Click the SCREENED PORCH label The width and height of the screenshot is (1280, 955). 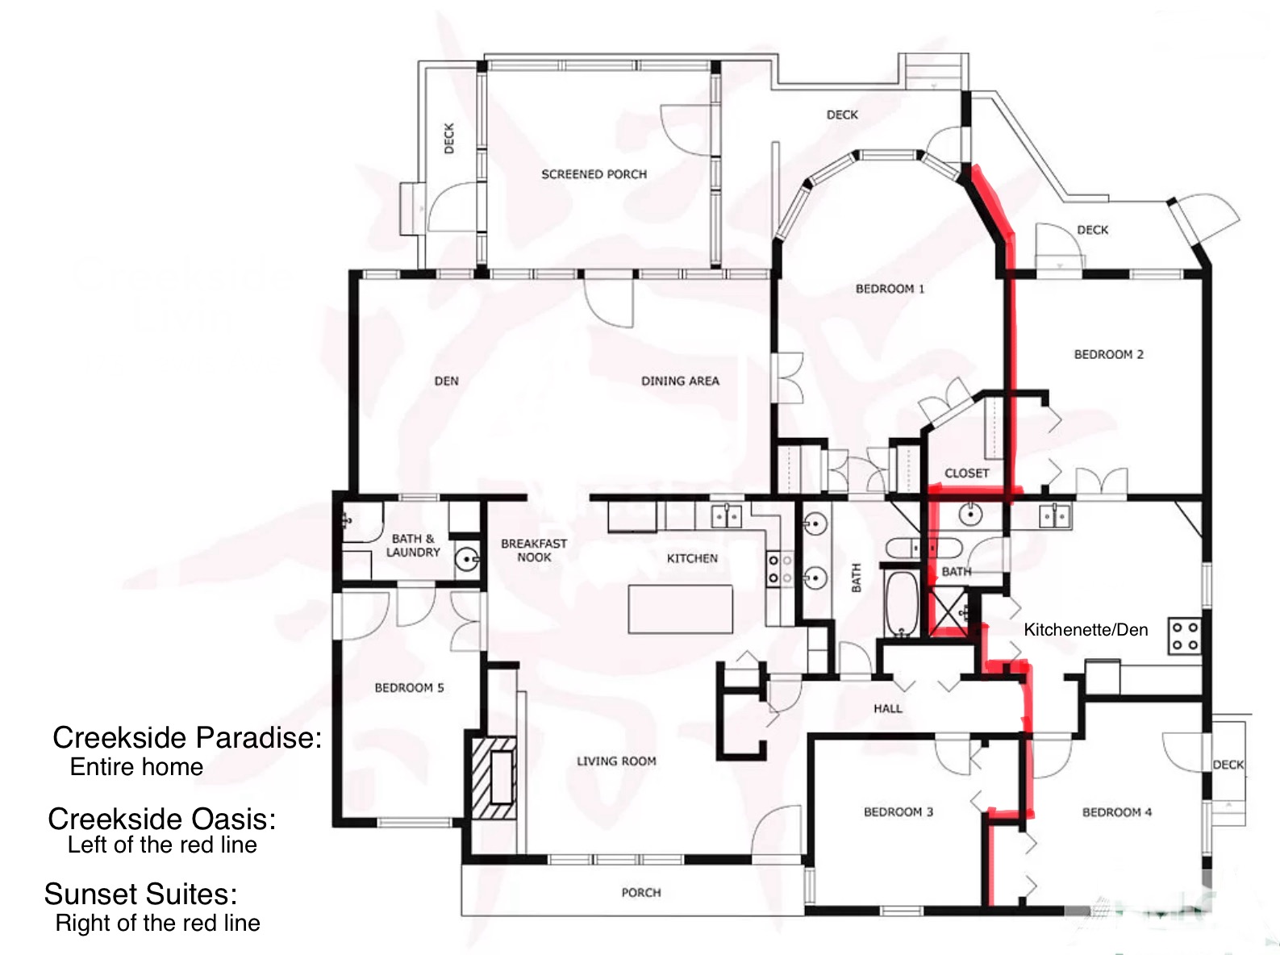(x=594, y=174)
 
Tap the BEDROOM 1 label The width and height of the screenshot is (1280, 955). (x=890, y=289)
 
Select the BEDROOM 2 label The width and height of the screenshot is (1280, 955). (x=1108, y=354)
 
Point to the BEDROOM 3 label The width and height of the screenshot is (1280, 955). (x=898, y=812)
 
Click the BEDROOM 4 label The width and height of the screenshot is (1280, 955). (x=1117, y=812)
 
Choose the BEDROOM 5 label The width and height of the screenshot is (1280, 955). (x=409, y=688)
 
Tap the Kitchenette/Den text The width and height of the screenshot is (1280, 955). (x=1086, y=630)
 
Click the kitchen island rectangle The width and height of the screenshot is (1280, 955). (x=680, y=609)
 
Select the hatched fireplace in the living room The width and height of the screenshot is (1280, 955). (x=494, y=779)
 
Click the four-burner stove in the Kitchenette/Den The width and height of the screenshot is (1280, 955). (x=1185, y=636)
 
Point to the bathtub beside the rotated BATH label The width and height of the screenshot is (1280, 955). (x=902, y=603)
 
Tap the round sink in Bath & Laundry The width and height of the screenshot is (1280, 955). (x=466, y=561)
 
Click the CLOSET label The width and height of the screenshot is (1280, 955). (x=966, y=473)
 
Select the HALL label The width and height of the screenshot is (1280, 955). (x=887, y=708)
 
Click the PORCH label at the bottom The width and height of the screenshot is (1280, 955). (x=641, y=893)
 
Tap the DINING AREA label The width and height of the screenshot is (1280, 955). (x=680, y=382)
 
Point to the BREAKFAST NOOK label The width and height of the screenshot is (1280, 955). (x=534, y=550)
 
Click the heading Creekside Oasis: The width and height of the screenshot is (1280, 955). (x=161, y=819)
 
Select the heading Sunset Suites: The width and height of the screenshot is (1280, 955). (x=140, y=894)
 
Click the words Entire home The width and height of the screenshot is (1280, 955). (x=136, y=767)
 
